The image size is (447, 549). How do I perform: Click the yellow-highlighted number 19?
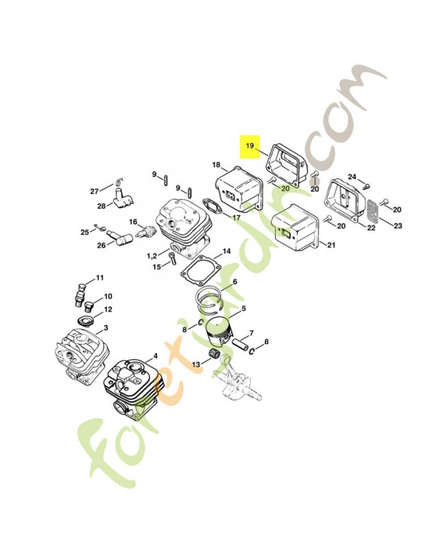click(x=250, y=145)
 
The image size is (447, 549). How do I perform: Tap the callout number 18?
click(x=217, y=165)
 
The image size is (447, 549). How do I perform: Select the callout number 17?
click(x=237, y=218)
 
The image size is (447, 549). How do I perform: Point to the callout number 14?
click(x=227, y=251)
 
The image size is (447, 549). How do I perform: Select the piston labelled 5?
click(x=219, y=334)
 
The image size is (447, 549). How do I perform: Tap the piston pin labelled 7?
click(x=240, y=342)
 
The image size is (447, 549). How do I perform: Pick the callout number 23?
click(x=398, y=226)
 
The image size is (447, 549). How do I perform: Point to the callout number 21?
click(x=331, y=245)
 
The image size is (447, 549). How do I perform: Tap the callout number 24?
click(x=352, y=177)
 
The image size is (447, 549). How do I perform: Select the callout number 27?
click(x=95, y=191)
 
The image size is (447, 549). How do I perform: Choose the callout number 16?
click(x=133, y=222)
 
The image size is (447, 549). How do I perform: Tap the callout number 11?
click(x=100, y=278)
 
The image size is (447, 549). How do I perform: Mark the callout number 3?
click(x=106, y=328)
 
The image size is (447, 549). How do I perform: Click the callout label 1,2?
click(x=152, y=256)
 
